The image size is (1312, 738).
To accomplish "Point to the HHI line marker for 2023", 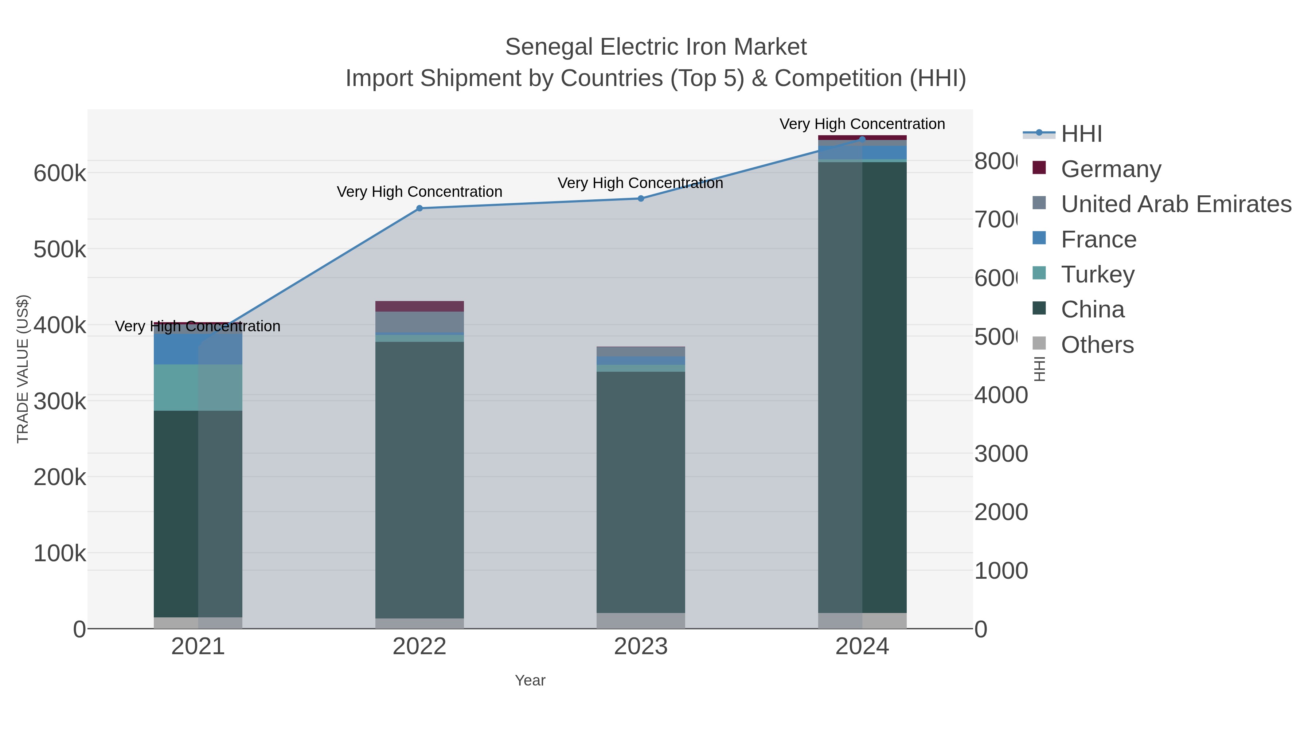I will (x=641, y=199).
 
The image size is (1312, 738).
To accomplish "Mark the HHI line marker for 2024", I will (x=862, y=139).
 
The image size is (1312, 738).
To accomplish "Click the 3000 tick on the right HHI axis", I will (x=1001, y=454).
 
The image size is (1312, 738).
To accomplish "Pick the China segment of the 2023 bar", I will (x=641, y=492).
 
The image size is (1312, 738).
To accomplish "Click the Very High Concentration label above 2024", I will (x=862, y=124).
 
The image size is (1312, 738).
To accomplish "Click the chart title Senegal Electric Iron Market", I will (x=656, y=47).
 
